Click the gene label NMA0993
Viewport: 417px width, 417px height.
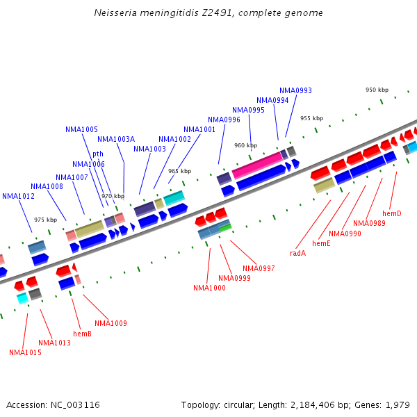[x=295, y=90]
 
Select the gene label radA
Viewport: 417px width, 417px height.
[x=297, y=253]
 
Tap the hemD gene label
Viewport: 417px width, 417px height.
[x=391, y=213]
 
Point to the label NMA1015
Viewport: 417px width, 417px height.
[x=25, y=352]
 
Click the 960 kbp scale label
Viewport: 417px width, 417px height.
[x=245, y=145]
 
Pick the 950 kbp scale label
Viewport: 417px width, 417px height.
[x=377, y=90]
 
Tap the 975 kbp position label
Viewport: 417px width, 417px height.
[x=45, y=220]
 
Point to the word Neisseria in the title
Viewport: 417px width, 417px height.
[x=116, y=13]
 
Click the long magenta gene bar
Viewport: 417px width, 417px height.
[x=257, y=165]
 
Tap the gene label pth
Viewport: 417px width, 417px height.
[x=98, y=154]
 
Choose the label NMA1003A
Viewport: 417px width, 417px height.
[x=116, y=139]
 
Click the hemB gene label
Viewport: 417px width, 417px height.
[x=82, y=334]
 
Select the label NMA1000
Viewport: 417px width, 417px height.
[x=209, y=288]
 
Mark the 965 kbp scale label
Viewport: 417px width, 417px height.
[x=179, y=171]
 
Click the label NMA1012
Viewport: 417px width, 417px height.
[x=18, y=196]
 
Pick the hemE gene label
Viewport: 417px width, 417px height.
[x=321, y=243]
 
